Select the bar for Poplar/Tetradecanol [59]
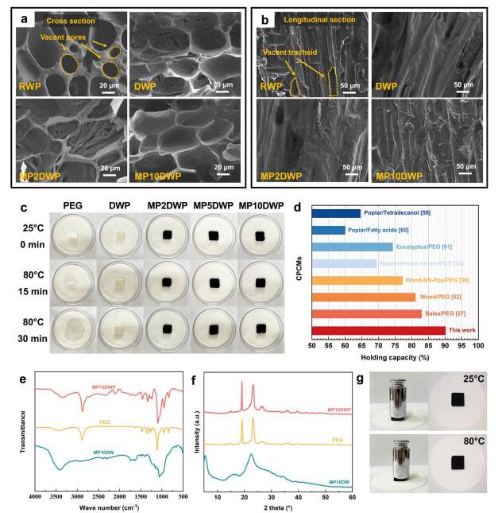(337, 212)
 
